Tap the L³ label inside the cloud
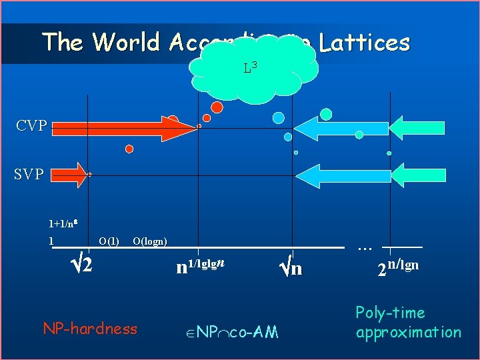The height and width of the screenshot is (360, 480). [251, 67]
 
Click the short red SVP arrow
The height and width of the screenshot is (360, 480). [69, 175]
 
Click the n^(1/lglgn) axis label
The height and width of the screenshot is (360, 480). [201, 267]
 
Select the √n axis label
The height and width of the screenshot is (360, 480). [290, 268]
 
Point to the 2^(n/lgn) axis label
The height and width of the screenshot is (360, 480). [398, 268]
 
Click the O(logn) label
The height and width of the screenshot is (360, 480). [150, 241]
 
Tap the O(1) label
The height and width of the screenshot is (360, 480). [109, 241]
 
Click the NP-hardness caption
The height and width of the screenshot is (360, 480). [90, 328]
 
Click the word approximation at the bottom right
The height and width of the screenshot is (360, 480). [408, 332]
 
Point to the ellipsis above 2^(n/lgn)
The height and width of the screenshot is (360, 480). [364, 247]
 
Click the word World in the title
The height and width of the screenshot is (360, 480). [127, 43]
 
